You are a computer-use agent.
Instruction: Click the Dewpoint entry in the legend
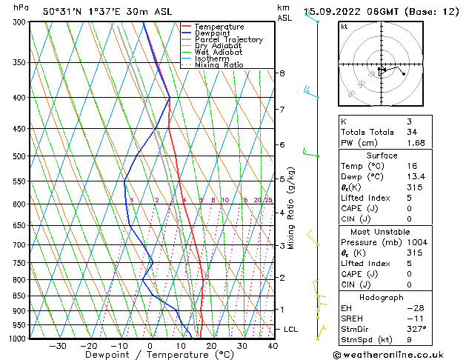point(211,33)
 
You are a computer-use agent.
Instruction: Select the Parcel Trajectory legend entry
point(228,40)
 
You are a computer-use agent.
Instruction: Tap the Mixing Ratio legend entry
point(219,65)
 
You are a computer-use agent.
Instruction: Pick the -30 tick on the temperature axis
point(58,346)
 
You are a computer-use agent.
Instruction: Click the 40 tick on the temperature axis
point(273,346)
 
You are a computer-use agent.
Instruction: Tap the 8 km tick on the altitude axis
point(282,73)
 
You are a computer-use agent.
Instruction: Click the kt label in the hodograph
point(344,26)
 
